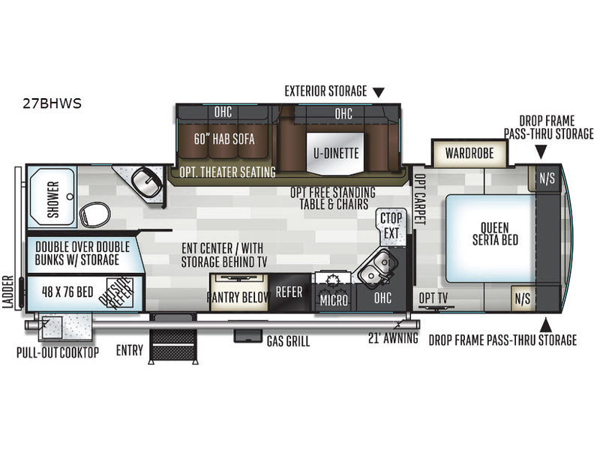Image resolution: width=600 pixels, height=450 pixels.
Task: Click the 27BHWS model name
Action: tap(52, 103)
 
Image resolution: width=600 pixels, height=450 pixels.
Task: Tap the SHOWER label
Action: tap(53, 199)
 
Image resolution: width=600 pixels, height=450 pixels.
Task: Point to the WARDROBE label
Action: tap(469, 153)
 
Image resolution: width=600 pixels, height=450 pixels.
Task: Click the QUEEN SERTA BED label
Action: tap(495, 234)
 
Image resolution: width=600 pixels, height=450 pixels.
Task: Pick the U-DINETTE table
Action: tap(336, 154)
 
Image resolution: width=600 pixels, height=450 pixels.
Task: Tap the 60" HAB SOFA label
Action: tap(224, 139)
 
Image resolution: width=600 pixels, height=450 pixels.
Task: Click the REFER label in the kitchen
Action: tap(289, 292)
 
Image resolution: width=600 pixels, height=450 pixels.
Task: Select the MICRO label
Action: tap(334, 301)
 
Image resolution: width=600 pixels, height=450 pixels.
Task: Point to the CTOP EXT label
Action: tap(391, 226)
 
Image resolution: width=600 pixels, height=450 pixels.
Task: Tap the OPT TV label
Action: tap(433, 298)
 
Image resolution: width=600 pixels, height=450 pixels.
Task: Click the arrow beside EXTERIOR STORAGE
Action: tap(379, 92)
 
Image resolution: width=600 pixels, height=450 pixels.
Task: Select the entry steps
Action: tap(174, 339)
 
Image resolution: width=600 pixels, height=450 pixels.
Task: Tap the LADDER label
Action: tap(8, 292)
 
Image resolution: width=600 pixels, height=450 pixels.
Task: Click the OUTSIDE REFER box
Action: tap(120, 292)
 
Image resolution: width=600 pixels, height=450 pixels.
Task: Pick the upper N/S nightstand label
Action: tap(547, 178)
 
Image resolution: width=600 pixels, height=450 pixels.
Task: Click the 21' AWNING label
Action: tap(393, 338)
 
